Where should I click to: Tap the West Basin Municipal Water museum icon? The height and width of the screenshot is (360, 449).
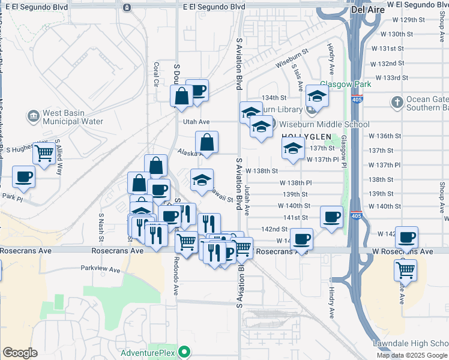33,115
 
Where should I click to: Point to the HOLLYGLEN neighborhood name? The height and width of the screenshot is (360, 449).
302,136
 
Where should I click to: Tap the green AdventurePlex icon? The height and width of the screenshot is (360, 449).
185,352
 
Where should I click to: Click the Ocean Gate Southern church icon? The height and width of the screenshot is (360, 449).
396,103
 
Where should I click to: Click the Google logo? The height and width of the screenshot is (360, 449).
20,353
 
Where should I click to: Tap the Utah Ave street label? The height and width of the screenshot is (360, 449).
196,121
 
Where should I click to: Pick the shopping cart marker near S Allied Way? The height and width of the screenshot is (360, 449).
44,154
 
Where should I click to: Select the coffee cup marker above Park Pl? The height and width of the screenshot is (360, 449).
23,176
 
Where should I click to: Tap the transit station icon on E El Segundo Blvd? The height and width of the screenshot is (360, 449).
127,7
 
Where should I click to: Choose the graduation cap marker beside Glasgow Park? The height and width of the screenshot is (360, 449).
317,95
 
